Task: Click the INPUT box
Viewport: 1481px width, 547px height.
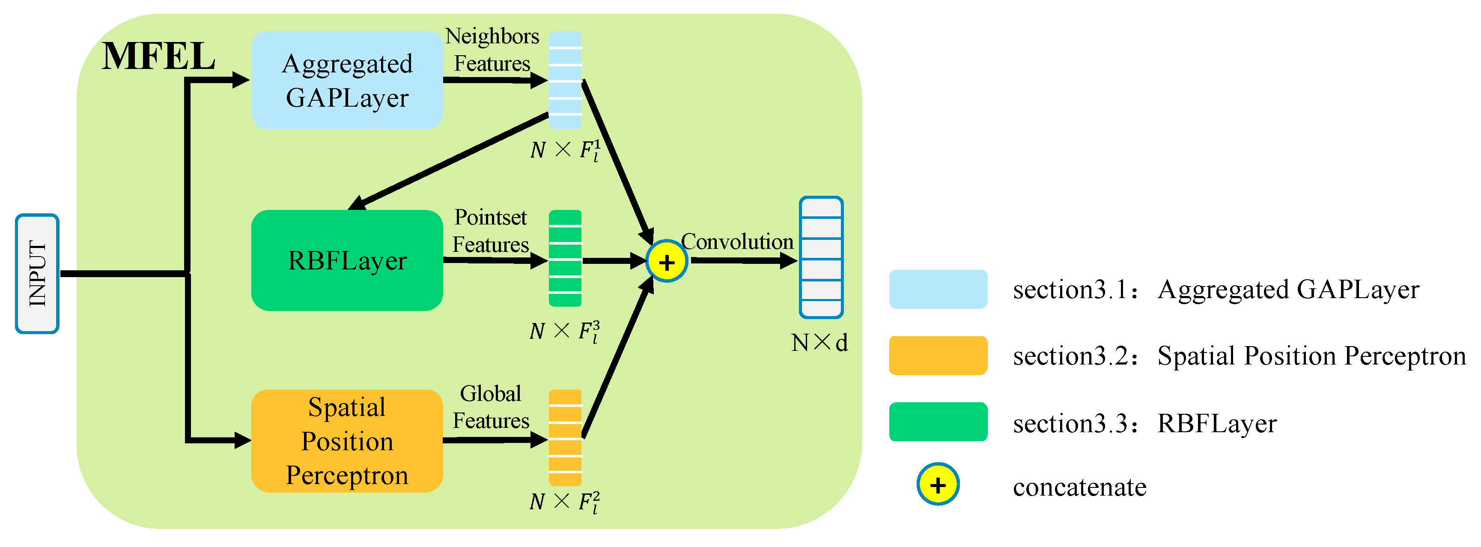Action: [37, 273]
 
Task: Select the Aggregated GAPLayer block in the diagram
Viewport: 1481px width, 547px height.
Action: [347, 80]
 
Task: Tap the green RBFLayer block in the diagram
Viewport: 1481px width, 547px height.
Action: [347, 260]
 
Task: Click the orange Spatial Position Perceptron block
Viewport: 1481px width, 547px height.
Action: [347, 441]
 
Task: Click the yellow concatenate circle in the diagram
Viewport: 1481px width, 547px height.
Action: [666, 262]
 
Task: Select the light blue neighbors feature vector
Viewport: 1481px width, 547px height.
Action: [565, 80]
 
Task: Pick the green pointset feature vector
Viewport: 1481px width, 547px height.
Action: [565, 258]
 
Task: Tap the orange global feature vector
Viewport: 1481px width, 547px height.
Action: [565, 438]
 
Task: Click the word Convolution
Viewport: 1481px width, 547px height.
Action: [737, 242]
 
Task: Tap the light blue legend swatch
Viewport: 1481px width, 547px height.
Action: [938, 289]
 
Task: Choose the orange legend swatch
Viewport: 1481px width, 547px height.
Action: [938, 356]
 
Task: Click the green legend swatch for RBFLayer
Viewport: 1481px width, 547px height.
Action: [938, 421]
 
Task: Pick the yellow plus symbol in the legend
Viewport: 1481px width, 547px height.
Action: [938, 484]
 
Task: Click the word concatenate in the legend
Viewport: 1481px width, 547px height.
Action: [1079, 487]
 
